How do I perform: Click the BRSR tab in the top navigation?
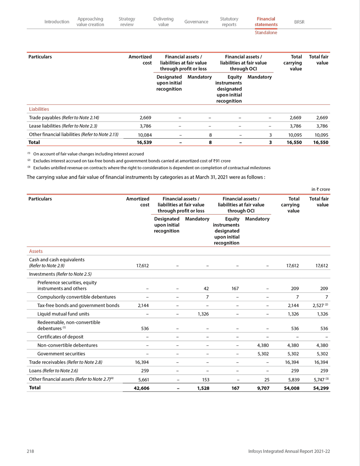point(299,22)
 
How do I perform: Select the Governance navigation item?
point(196,22)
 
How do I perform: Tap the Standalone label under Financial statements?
point(266,33)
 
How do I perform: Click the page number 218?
point(31,451)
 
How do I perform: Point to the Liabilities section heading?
point(39,109)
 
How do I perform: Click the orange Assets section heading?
point(36,251)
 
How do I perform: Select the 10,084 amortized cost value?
point(142,134)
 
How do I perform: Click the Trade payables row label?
point(63,118)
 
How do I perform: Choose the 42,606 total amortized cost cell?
point(139,388)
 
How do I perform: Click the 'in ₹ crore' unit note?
point(320,189)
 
